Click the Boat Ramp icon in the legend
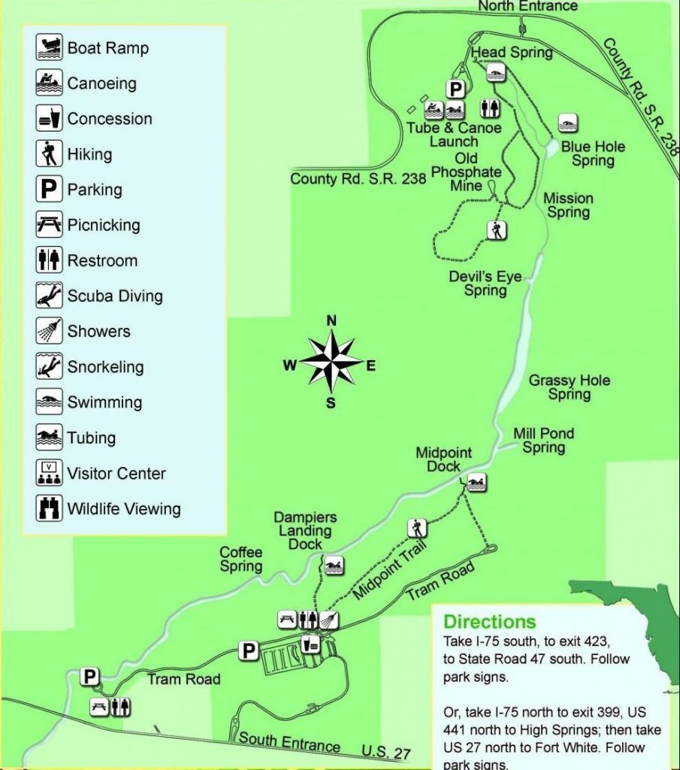(49, 48)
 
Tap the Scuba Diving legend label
(115, 296)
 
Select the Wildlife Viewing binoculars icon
(49, 508)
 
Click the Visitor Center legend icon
(49, 473)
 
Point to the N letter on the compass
(331, 321)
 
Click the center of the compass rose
(331, 364)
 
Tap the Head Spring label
(511, 53)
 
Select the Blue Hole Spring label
(593, 153)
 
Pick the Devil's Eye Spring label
(485, 283)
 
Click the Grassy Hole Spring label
(570, 387)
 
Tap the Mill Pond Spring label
(544, 441)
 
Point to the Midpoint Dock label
(444, 459)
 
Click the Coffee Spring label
(241, 559)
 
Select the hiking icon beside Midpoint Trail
(418, 528)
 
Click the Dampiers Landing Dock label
(305, 531)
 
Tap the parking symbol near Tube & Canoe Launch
(455, 89)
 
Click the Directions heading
(490, 622)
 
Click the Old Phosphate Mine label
(467, 172)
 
